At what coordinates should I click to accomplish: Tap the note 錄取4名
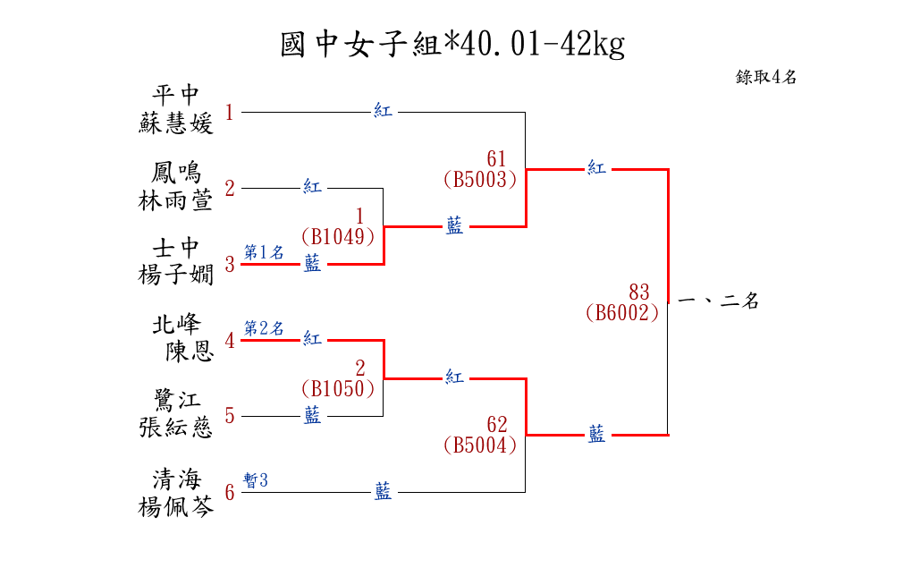766,77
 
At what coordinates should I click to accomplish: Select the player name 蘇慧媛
176,124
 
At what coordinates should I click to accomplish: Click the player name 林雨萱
176,201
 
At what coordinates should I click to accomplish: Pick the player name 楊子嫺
176,276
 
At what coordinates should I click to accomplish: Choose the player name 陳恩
189,352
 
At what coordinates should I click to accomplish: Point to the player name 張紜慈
176,428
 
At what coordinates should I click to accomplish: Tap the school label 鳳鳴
176,172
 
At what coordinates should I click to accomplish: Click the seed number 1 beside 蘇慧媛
230,113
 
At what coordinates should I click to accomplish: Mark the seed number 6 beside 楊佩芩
230,493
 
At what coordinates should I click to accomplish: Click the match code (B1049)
337,237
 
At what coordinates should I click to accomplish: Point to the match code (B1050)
337,389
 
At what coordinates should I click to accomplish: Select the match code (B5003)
480,180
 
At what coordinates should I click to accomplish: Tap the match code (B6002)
622,313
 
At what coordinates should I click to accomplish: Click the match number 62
497,424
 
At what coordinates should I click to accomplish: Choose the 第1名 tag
264,253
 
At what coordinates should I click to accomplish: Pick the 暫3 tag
256,481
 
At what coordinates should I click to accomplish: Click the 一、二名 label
719,301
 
